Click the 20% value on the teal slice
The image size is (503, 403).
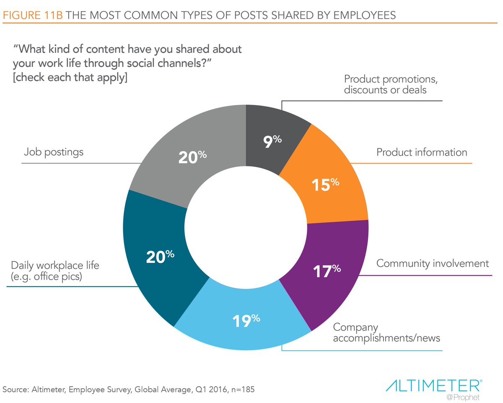click(160, 256)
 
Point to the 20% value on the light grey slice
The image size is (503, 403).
click(192, 157)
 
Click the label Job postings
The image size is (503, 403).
click(53, 152)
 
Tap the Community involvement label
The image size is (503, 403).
click(432, 264)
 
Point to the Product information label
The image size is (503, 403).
click(421, 152)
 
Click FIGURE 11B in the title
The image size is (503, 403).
click(32, 15)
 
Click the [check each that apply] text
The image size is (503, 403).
click(70, 78)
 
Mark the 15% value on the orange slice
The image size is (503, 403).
click(325, 185)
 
